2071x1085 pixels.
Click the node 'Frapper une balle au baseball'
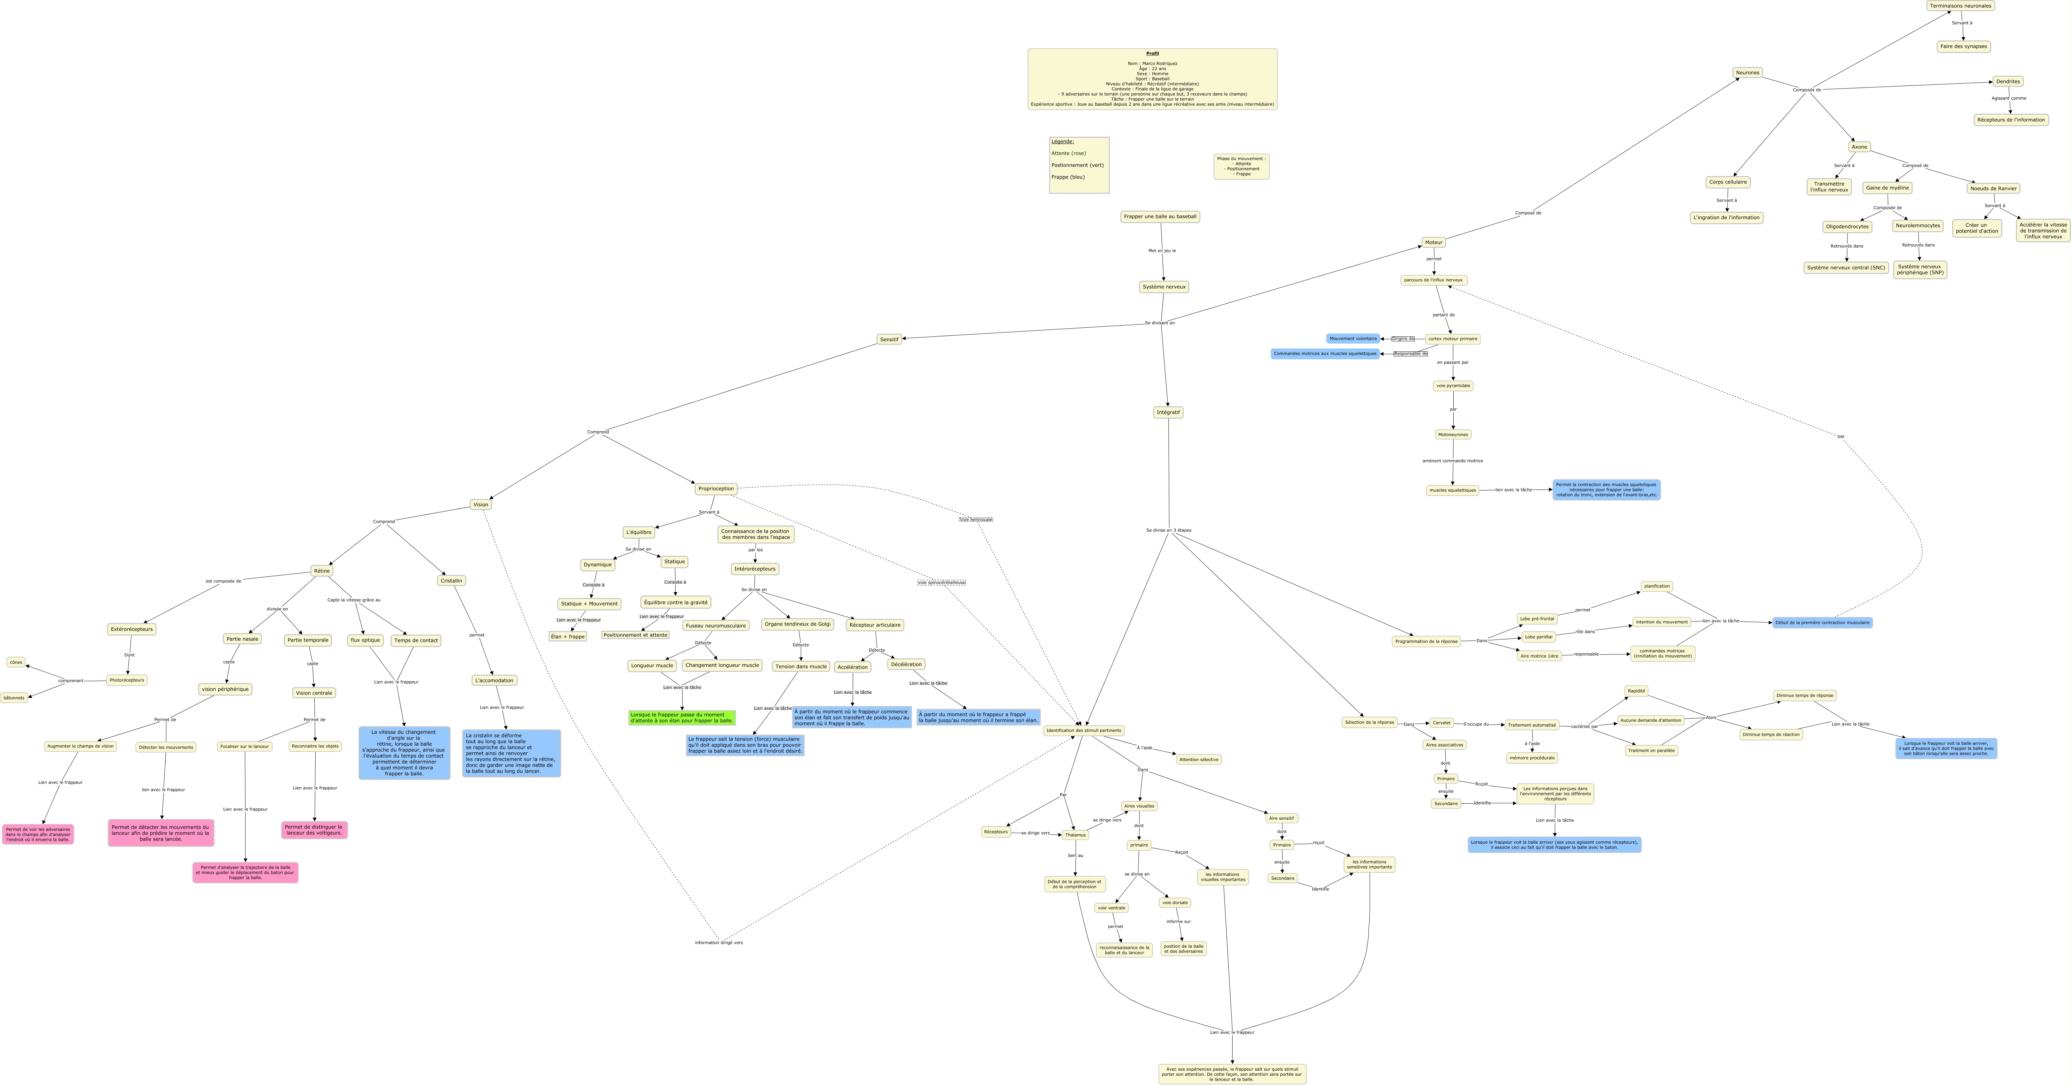pos(1159,216)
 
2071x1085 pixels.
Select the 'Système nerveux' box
pos(1163,287)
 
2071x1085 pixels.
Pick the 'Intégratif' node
pos(1167,412)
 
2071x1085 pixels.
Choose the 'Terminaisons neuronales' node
pos(1960,6)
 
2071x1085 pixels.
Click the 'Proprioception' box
pos(716,489)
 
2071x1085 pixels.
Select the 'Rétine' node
pos(322,571)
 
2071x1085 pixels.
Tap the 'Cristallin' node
pos(451,580)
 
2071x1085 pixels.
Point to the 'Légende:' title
pos(1062,142)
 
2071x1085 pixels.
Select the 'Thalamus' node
pos(1075,835)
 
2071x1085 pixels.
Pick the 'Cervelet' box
pos(1441,722)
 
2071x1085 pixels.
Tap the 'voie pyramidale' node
pos(1452,386)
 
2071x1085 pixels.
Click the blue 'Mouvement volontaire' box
pos(1352,338)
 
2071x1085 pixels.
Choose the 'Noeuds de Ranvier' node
pos(1993,188)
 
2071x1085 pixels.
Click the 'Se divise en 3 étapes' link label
pos(1168,530)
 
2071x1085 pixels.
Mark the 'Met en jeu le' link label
pos(1162,251)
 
